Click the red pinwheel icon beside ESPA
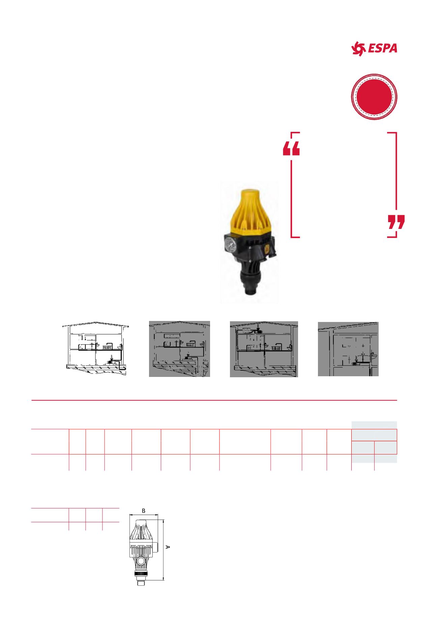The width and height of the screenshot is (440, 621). [358, 49]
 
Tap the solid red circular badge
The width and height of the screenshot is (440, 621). [374, 96]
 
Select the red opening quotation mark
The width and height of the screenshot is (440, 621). [291, 148]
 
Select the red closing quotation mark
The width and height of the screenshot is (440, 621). [396, 222]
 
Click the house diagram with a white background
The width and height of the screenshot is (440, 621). [96, 349]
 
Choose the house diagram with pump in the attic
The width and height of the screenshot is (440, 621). [264, 349]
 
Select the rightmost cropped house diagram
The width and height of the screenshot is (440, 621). [348, 349]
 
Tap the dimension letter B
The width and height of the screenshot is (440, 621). [144, 511]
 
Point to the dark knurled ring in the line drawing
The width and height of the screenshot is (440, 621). [142, 574]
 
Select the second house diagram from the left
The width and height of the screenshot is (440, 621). [180, 349]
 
